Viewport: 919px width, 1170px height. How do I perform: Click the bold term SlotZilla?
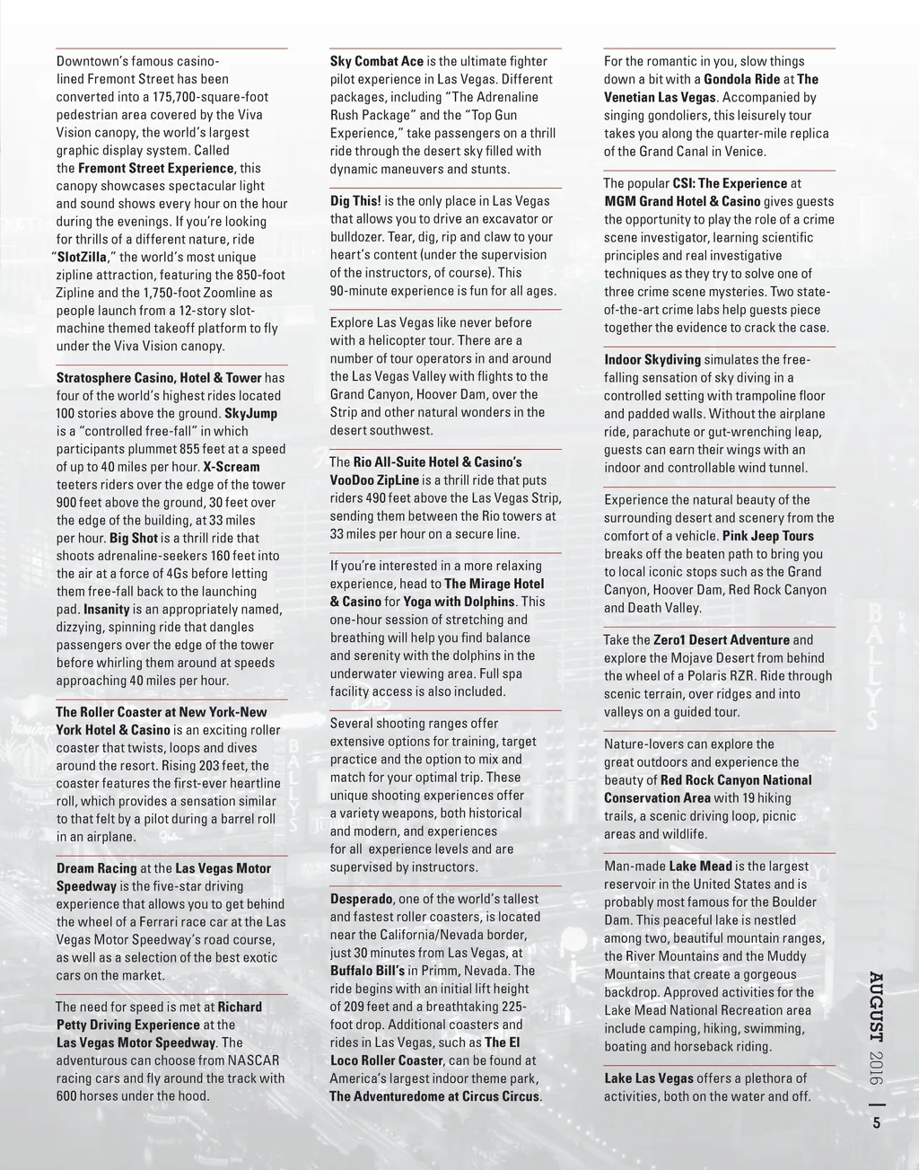pyautogui.click(x=83, y=257)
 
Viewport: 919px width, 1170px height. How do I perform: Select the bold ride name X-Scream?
pyautogui.click(x=232, y=467)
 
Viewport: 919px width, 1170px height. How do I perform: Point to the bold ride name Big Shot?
pyautogui.click(x=134, y=538)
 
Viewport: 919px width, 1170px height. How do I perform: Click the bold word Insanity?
pyautogui.click(x=107, y=610)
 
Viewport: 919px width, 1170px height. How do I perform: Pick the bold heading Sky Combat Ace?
pyautogui.click(x=376, y=61)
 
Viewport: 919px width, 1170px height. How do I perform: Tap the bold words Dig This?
pyautogui.click(x=355, y=201)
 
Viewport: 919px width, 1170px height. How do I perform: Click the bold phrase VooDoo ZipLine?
pyautogui.click(x=374, y=480)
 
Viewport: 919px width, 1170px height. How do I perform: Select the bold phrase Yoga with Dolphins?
pyautogui.click(x=459, y=602)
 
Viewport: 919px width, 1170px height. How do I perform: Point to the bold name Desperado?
pyautogui.click(x=361, y=899)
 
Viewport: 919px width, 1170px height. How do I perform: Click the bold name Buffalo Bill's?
pyautogui.click(x=367, y=971)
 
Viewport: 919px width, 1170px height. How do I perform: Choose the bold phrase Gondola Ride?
pyautogui.click(x=742, y=79)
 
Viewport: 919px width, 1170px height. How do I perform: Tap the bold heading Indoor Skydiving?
pyautogui.click(x=652, y=360)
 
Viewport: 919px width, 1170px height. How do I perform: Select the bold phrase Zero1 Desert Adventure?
pyautogui.click(x=722, y=640)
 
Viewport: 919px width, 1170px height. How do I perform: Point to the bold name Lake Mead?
pyautogui.click(x=700, y=867)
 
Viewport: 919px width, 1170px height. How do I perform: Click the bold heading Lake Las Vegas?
pyautogui.click(x=649, y=1078)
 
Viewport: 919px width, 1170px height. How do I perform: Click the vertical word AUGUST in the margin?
pyautogui.click(x=877, y=1006)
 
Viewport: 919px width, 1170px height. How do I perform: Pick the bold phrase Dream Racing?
pyautogui.click(x=97, y=868)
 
